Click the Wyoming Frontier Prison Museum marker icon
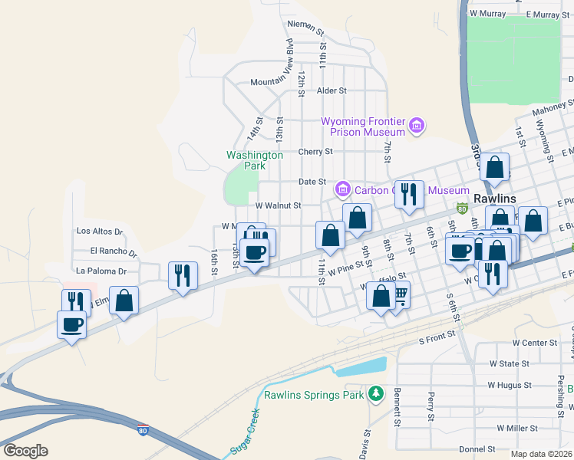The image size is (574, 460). pos(417,125)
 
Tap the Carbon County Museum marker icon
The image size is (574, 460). pos(342,189)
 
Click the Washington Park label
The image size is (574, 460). pos(255,159)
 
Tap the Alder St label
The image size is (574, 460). pos(332,90)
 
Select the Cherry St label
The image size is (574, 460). pos(315,152)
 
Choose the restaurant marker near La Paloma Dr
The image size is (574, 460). pos(182,274)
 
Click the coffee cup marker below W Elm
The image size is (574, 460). pos(72,324)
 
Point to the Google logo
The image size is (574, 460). pos(25,451)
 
